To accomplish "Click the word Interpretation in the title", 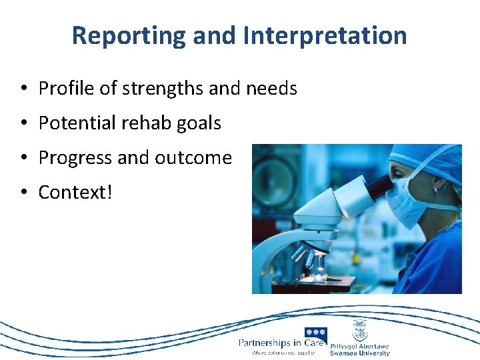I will click(325, 35).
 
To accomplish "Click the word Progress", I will click(75, 158).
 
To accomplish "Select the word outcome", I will click(193, 158).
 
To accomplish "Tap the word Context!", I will click(75, 193).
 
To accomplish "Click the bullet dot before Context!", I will click(23, 193).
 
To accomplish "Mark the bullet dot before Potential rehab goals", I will click(23, 123).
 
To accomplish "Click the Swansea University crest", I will click(359, 329).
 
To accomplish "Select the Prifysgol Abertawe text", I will click(360, 346).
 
